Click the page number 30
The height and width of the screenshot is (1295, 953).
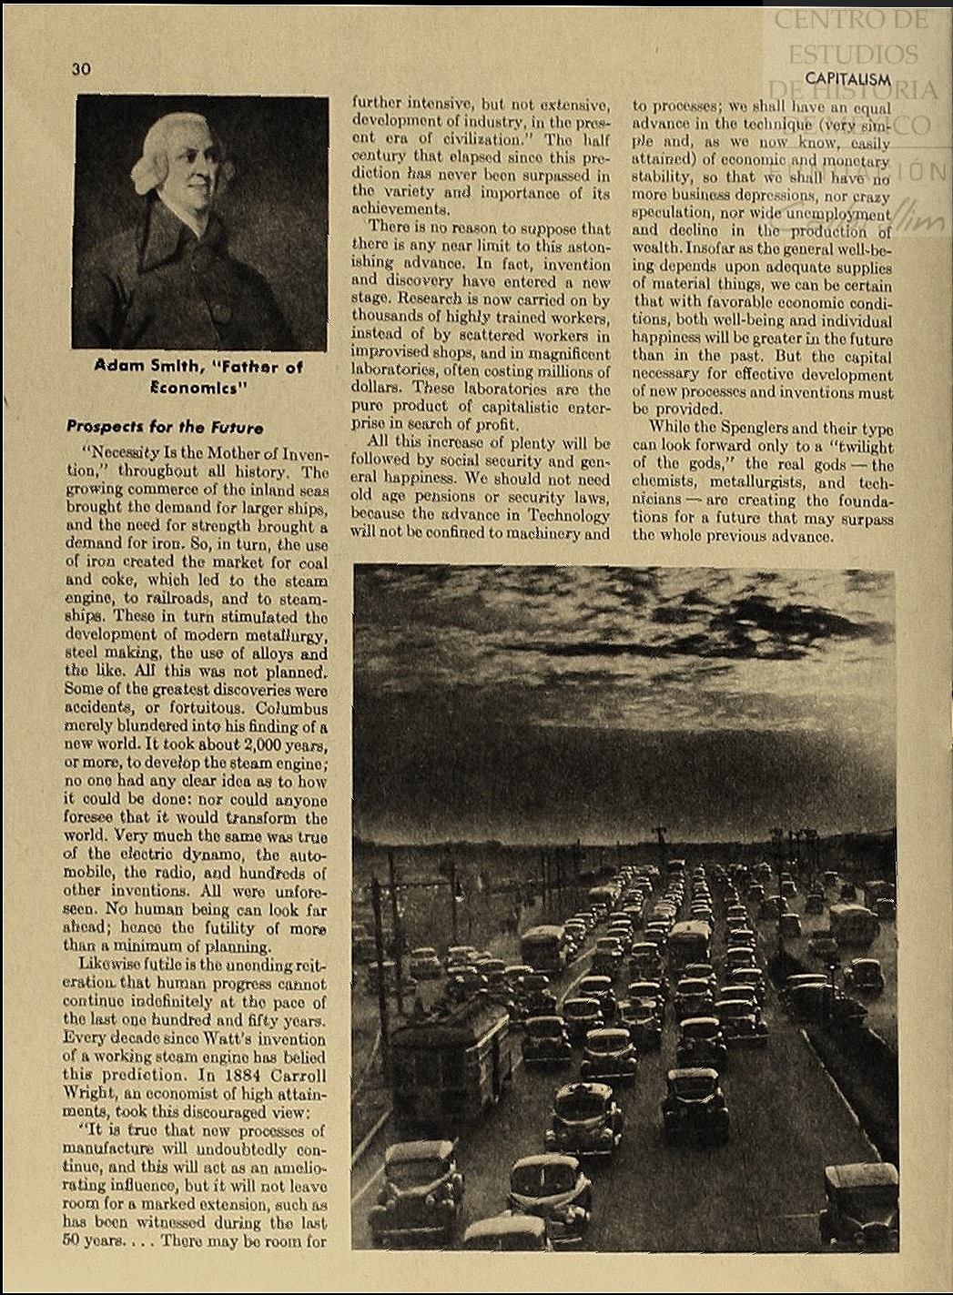[81, 69]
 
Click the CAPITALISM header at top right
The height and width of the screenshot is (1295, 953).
[847, 79]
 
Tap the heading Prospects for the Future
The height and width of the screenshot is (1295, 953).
[165, 427]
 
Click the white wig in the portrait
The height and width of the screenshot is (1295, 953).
[164, 146]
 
